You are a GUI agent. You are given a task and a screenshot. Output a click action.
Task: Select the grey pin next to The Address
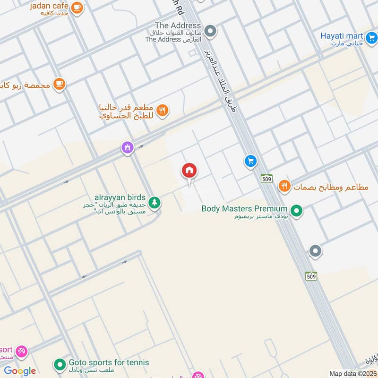(211, 32)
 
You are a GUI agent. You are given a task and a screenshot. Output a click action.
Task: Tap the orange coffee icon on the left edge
(59, 84)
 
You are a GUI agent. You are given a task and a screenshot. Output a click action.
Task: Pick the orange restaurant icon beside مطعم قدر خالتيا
(163, 110)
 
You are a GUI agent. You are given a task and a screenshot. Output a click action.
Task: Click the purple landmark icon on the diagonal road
(127, 148)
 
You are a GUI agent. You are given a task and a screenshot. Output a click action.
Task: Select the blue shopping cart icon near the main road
(250, 162)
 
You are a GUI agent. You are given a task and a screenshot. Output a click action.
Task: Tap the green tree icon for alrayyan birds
(154, 203)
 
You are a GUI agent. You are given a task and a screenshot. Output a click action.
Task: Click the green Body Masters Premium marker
(296, 210)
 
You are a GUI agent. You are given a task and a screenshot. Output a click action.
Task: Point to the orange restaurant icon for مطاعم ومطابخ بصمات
(284, 186)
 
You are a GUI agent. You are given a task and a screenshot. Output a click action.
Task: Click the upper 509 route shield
(266, 179)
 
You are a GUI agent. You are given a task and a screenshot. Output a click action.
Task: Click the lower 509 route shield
(310, 276)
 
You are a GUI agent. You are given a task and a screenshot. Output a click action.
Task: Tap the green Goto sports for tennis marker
(60, 365)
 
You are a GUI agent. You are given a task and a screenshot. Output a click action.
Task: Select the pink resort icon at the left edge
(21, 352)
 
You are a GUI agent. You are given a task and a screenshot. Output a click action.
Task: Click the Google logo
(20, 371)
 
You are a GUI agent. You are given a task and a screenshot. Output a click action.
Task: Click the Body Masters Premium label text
(244, 208)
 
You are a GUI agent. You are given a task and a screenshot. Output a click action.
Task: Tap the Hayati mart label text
(342, 36)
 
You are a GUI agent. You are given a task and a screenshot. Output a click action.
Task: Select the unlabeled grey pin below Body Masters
(315, 251)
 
